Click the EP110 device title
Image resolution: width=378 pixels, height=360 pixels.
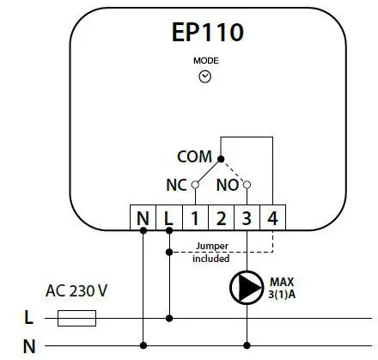click(x=207, y=33)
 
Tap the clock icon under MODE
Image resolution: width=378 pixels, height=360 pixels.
click(x=205, y=76)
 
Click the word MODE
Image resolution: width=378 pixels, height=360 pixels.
click(x=205, y=63)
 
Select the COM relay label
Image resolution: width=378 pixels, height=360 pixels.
click(x=194, y=157)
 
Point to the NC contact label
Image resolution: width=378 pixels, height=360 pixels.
click(x=175, y=184)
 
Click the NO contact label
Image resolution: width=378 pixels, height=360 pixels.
click(x=228, y=184)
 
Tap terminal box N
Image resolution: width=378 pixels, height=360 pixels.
click(x=143, y=218)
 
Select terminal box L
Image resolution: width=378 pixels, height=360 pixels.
click(x=168, y=218)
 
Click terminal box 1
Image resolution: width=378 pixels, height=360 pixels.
click(x=195, y=218)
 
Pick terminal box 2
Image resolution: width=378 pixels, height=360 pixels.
click(x=221, y=218)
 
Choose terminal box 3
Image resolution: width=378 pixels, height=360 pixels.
click(x=247, y=218)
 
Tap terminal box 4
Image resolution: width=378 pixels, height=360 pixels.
click(x=272, y=218)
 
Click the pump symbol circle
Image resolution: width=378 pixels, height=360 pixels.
click(x=247, y=287)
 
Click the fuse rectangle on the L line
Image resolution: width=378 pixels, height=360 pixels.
click(x=76, y=319)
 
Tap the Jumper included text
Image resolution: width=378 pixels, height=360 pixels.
click(x=210, y=252)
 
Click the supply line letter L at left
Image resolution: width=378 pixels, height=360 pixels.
click(x=28, y=319)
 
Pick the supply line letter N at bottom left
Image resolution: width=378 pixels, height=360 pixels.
click(x=28, y=346)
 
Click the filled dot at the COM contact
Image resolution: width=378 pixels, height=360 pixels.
click(x=221, y=159)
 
